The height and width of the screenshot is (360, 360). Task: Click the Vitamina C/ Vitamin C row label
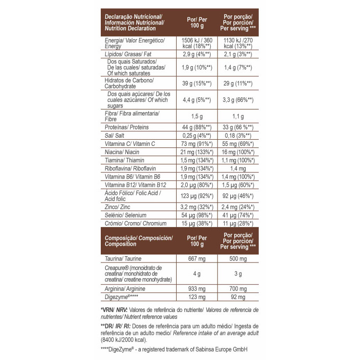click(130, 144)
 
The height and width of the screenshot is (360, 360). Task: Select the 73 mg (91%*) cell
click(196, 144)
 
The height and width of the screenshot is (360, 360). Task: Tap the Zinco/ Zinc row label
click(117, 207)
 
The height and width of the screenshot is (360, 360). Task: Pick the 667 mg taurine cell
click(196, 259)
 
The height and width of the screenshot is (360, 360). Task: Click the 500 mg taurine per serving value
click(238, 259)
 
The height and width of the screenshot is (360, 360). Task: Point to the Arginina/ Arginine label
click(125, 289)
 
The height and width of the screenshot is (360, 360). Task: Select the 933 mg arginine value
click(196, 289)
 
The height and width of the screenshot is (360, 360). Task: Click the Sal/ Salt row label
click(115, 135)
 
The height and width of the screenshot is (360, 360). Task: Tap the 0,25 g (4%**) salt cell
click(196, 135)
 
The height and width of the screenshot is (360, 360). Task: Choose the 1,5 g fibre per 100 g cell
click(196, 116)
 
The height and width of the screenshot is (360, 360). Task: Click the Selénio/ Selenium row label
click(125, 215)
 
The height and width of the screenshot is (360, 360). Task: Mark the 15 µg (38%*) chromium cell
click(196, 223)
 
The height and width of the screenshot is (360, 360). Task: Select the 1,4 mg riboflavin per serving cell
click(238, 168)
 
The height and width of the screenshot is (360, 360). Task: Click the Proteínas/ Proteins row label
click(127, 127)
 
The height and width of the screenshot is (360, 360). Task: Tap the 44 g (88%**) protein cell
click(196, 127)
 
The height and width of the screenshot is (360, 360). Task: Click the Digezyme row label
click(121, 297)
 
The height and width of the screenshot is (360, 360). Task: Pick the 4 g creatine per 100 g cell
click(196, 274)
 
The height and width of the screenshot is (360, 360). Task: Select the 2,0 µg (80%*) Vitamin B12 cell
click(196, 185)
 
